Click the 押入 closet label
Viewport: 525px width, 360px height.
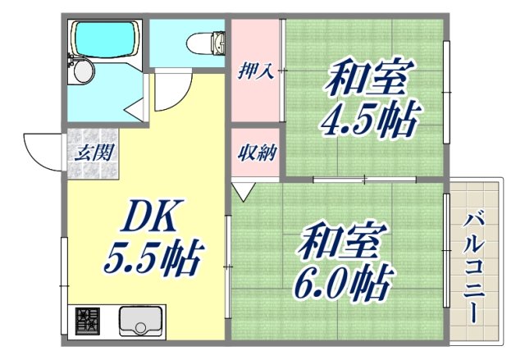click(256, 72)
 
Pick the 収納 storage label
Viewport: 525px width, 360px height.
click(256, 152)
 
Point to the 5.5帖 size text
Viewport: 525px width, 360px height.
click(153, 259)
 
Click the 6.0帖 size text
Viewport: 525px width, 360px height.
click(341, 283)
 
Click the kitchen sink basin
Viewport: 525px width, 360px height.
click(142, 320)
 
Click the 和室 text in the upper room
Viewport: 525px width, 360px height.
click(367, 80)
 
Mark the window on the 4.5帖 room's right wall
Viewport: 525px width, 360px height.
click(448, 94)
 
